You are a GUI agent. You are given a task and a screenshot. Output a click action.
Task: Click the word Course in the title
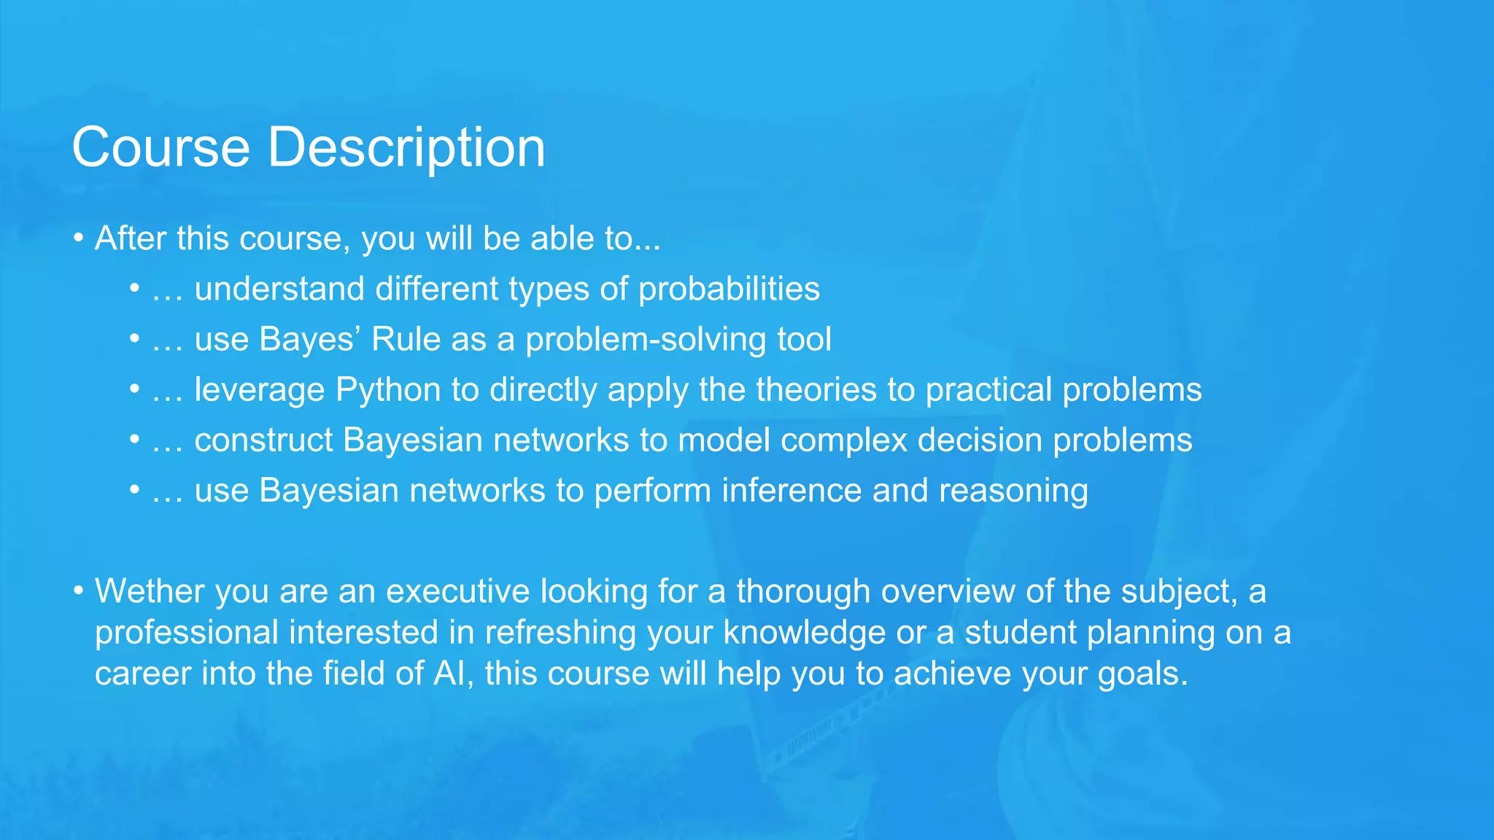tap(160, 148)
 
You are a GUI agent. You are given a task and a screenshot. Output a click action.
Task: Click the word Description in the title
tap(406, 148)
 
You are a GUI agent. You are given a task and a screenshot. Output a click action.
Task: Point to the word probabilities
tap(729, 289)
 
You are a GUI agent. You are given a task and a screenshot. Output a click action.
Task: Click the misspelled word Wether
tap(150, 591)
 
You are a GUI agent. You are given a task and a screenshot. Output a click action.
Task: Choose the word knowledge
tap(804, 633)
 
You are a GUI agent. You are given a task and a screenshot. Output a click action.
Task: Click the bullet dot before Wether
tap(78, 591)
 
